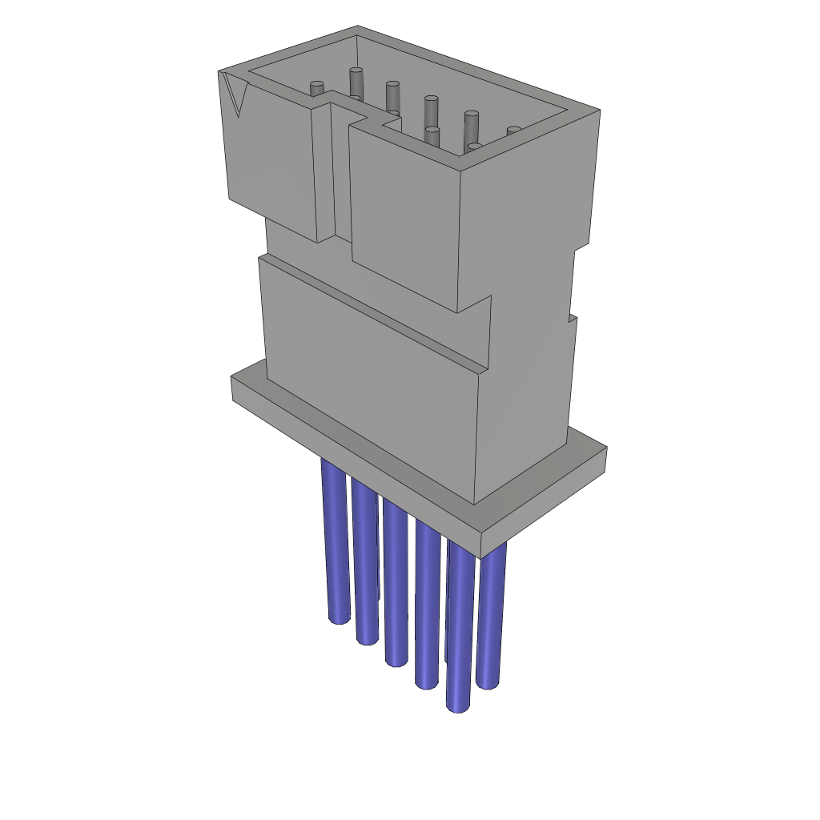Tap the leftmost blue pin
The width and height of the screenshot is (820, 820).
point(335,545)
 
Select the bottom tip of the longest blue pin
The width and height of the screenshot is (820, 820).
point(457,706)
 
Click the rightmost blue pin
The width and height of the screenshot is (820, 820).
point(490,617)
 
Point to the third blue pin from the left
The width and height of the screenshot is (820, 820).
point(395,585)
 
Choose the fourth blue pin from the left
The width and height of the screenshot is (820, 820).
point(427,609)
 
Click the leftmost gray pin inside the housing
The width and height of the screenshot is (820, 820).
point(317,87)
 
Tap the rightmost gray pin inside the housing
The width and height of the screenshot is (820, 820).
point(513,131)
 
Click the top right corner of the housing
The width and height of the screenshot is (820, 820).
point(599,111)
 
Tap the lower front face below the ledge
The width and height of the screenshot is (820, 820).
point(368,384)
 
